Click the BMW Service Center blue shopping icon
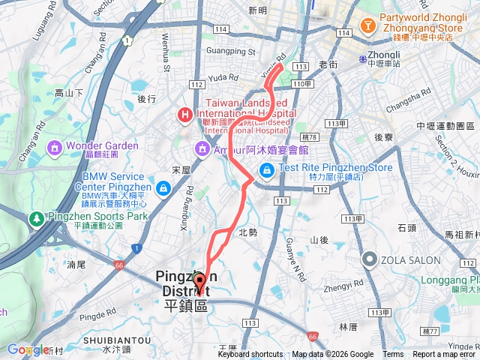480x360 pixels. click(x=163, y=187)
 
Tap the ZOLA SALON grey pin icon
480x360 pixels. click(x=369, y=259)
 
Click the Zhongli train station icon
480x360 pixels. click(x=362, y=58)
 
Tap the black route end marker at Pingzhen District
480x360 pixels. click(x=199, y=283)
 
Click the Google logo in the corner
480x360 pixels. click(x=28, y=349)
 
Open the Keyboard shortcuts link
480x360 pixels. click(x=250, y=355)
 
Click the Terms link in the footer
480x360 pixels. click(x=392, y=355)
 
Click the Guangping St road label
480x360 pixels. click(x=231, y=51)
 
